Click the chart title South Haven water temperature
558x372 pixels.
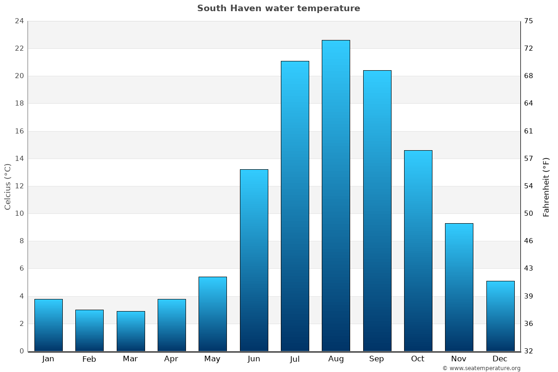click(279, 8)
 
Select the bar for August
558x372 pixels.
click(336, 195)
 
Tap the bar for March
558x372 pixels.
click(131, 331)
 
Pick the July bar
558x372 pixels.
click(295, 206)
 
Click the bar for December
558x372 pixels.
click(500, 316)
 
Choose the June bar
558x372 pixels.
click(254, 260)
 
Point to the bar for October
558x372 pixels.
click(418, 251)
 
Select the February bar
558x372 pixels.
click(89, 330)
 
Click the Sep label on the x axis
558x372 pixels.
click(377, 359)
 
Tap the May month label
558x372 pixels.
click(213, 359)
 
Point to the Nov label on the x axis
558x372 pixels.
click(459, 359)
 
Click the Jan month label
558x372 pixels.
click(48, 359)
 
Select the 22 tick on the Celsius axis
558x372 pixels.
click(19, 48)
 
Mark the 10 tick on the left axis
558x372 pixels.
click(19, 213)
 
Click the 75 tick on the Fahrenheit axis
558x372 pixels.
click(529, 21)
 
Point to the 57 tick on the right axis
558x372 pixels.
click(529, 159)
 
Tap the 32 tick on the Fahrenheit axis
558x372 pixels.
click(529, 351)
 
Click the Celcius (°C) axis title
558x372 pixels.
click(8, 186)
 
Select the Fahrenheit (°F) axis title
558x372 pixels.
click(546, 186)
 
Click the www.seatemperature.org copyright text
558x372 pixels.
click(481, 368)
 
